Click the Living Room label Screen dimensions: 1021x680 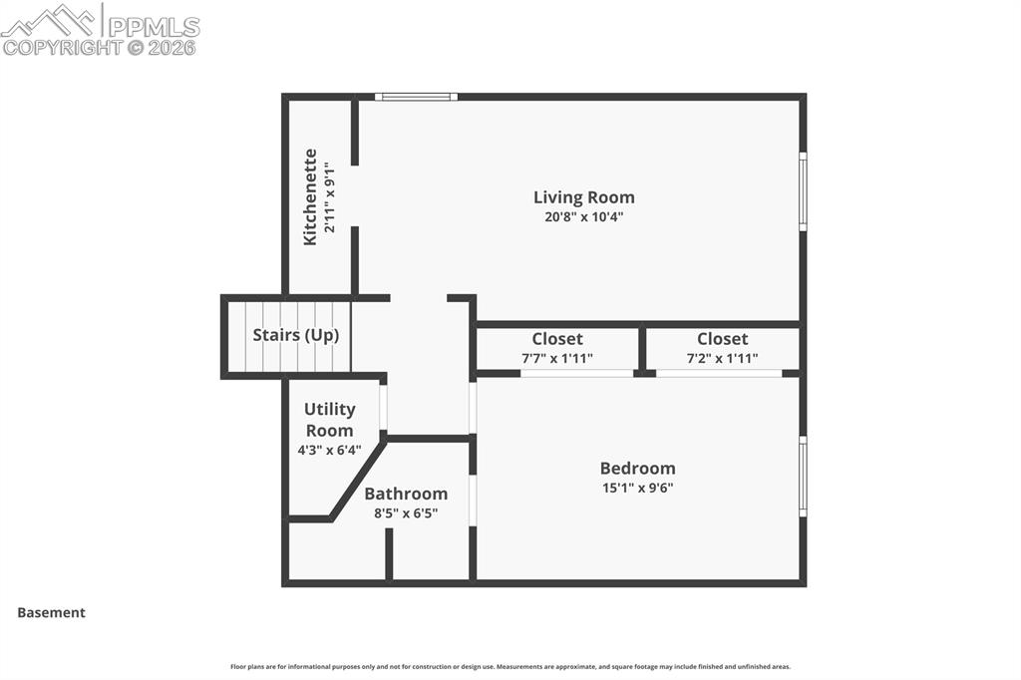(584, 197)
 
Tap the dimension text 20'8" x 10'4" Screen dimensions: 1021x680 (584, 217)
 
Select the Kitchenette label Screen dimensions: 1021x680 (310, 196)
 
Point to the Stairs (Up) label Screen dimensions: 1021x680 (296, 335)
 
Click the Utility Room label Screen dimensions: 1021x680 (329, 420)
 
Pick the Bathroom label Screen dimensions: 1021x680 (406, 494)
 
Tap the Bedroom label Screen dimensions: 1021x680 (637, 469)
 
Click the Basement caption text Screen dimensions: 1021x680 (52, 612)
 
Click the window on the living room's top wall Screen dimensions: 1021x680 (416, 97)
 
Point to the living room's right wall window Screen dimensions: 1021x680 (803, 191)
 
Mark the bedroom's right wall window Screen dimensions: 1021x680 (803, 477)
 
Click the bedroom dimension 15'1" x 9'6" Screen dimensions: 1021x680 (637, 488)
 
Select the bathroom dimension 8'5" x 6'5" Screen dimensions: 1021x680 (406, 513)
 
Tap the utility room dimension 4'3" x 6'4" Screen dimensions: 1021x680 (329, 450)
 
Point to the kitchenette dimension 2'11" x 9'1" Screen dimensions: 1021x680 (330, 197)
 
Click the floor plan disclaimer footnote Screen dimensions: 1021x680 (510, 666)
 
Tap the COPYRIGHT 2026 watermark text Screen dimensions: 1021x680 (99, 48)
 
